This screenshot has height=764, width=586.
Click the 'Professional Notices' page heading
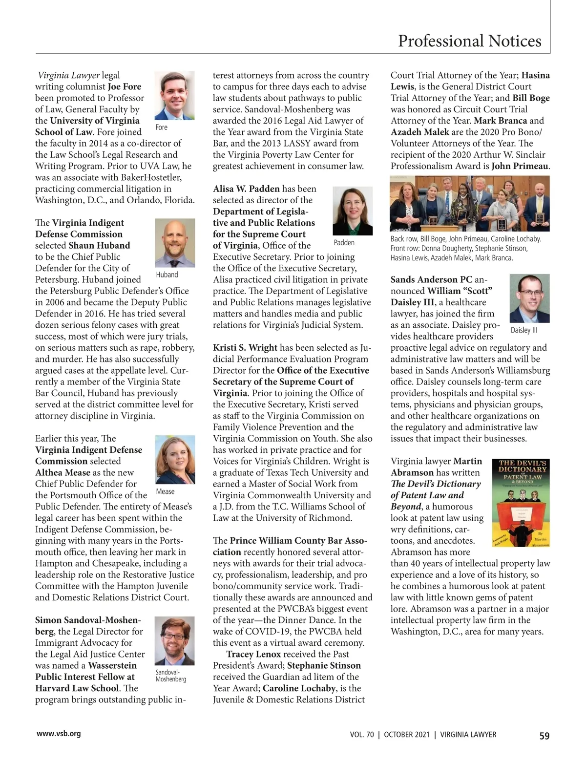pos(469,41)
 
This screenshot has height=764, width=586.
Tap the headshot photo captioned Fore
pos(174,96)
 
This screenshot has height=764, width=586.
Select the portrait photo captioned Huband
pos(174,243)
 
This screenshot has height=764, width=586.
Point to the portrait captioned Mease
pos(174,459)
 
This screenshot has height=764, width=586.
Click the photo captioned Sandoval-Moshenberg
pos(174,640)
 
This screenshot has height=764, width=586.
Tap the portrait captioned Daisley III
pos(529,298)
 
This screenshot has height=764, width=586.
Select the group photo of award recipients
pos(470,203)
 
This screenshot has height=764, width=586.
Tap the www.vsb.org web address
pos(58,733)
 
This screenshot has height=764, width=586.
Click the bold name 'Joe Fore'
pos(125,87)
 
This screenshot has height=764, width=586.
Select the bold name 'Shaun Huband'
pos(99,245)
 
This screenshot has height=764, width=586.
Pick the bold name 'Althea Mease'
pos(63,472)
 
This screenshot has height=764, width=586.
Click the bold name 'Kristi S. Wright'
pos(245,348)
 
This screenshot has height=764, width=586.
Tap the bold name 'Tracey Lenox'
pos(253,654)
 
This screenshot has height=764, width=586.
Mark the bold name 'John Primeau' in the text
pos(520,166)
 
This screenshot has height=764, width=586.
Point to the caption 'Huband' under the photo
pos(167,275)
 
